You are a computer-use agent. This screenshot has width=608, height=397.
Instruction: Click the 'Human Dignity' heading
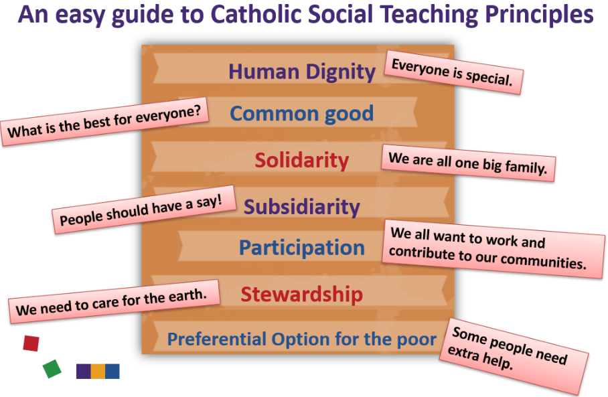pos(302,72)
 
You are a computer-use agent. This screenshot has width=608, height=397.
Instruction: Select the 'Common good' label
pos(302,114)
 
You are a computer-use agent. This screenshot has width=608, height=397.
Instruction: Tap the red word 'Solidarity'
pos(302,160)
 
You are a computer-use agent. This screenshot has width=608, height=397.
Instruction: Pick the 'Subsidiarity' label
pos(302,207)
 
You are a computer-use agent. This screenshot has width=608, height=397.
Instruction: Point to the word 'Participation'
pos(302,248)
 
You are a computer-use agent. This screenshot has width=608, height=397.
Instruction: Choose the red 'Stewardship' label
pos(302,295)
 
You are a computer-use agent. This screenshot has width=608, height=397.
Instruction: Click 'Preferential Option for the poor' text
pos(302,339)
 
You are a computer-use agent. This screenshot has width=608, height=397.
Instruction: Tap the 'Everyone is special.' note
pos(454,72)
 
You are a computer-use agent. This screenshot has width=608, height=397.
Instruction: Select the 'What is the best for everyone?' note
pos(104,121)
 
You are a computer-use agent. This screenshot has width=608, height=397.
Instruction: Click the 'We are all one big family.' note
pos(469,163)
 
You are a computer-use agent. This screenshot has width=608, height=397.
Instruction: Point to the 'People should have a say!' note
pos(144,210)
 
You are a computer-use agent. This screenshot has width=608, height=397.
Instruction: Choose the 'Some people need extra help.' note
pos(514,357)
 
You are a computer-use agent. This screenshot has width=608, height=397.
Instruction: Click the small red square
pos(31,343)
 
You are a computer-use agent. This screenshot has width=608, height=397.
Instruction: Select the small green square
pos(52,369)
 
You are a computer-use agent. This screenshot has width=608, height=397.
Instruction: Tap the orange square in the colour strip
pos(98,372)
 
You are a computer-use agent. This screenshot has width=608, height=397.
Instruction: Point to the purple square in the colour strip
pos(84,372)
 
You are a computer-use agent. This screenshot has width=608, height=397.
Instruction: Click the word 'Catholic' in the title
pos(258,14)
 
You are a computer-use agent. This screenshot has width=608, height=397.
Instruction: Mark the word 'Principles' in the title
pos(539,15)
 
